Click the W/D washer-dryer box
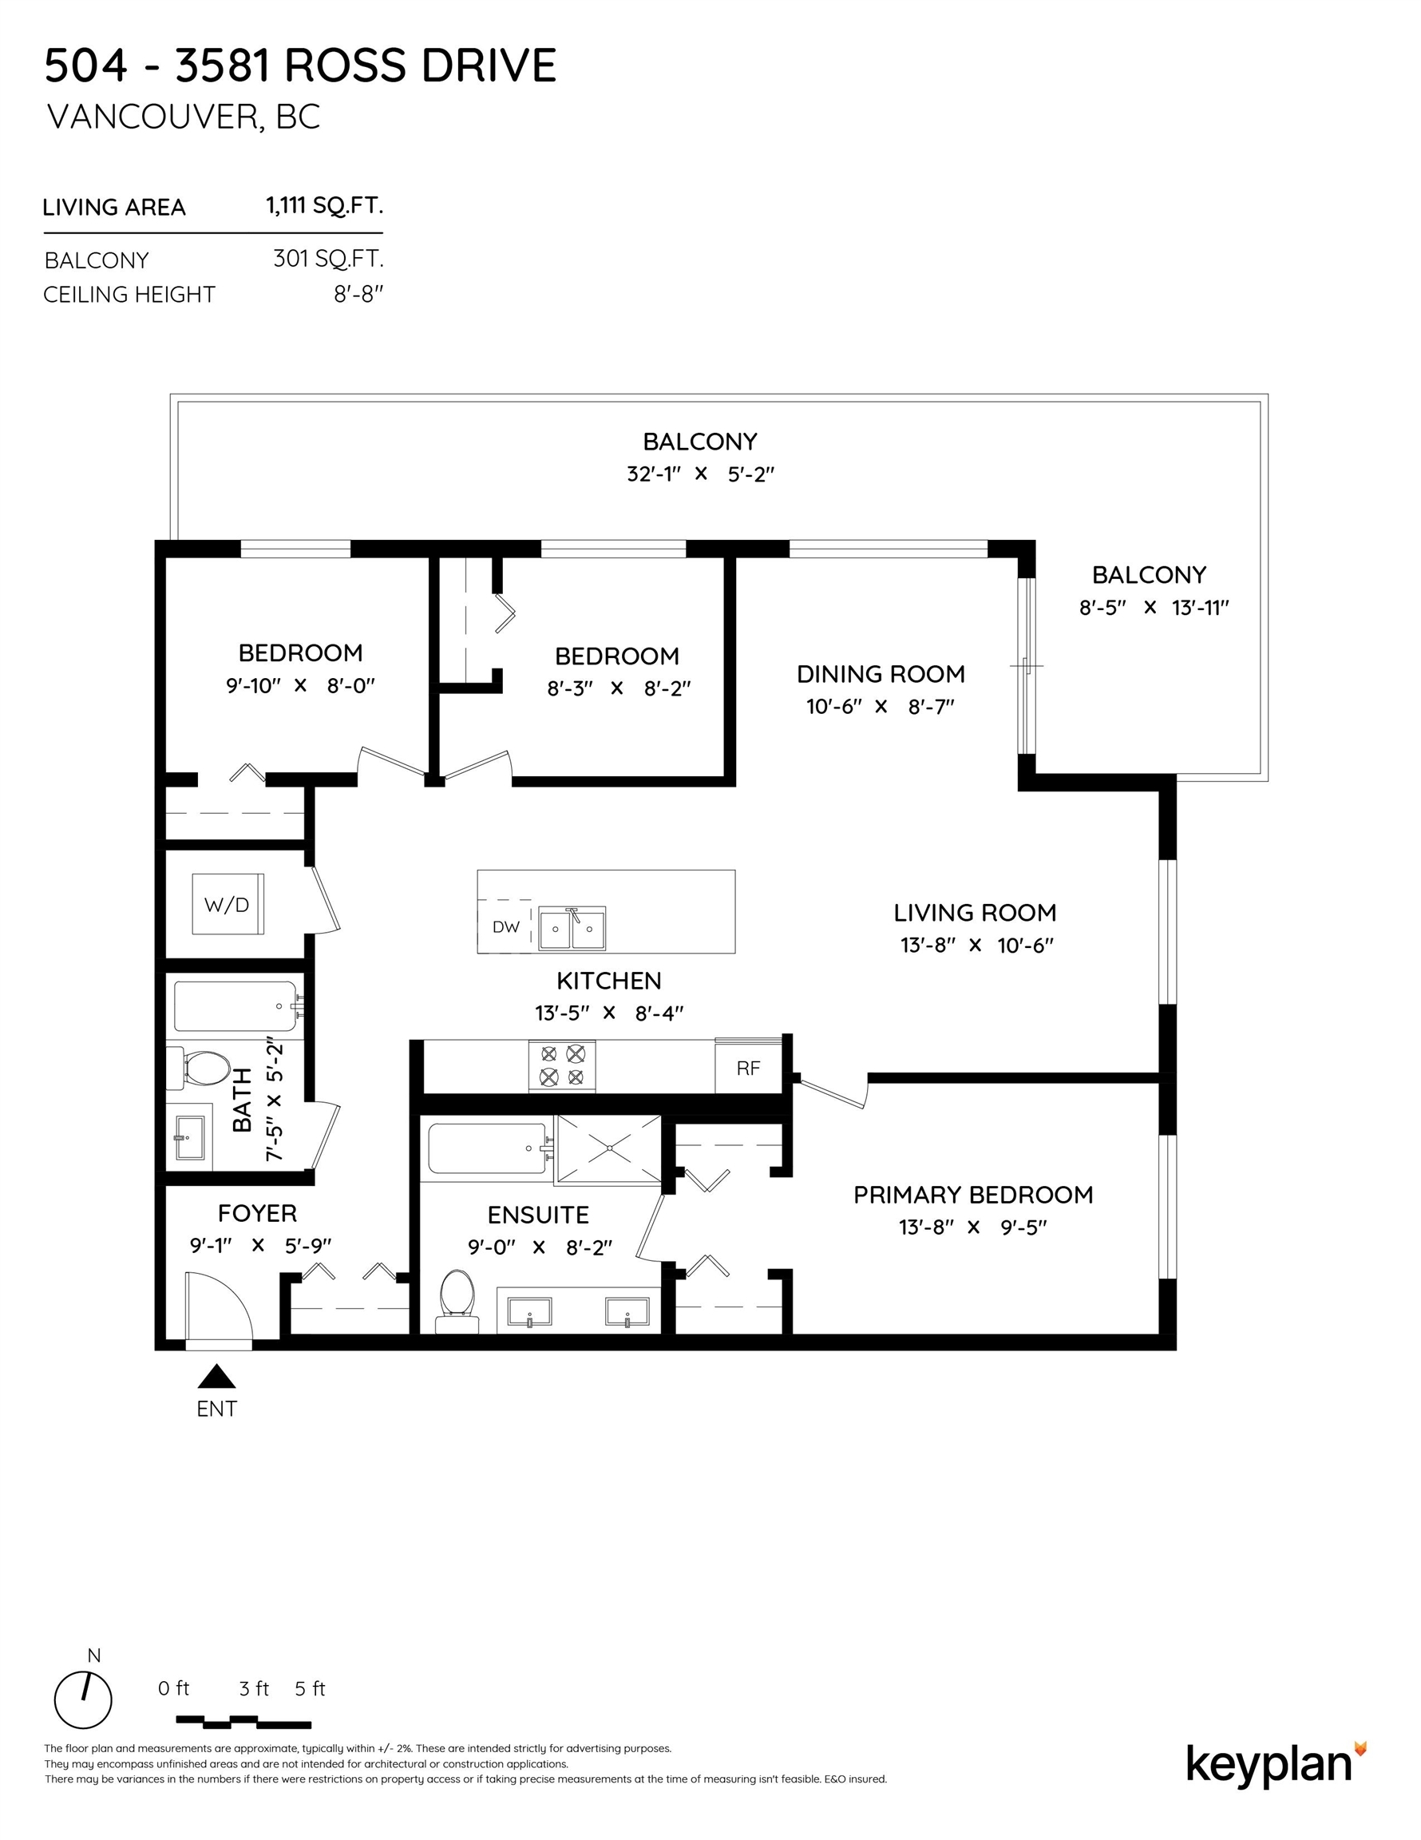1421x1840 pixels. pos(228,904)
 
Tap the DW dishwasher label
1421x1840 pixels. pos(505,926)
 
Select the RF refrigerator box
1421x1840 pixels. pos(748,1069)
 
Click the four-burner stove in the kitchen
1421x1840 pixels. pos(562,1066)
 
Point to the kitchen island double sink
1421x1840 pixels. pos(572,929)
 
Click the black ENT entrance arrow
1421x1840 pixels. pos(216,1376)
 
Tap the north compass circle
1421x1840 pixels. pos(82,1700)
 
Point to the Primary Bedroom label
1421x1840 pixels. pos(973,1195)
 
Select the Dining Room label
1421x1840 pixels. pos(881,674)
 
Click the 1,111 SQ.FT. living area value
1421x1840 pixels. pos(324,204)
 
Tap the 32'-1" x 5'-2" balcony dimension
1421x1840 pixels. pos(700,474)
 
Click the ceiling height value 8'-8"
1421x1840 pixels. pos(358,295)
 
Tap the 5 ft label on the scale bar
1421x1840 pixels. pos(310,1688)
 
